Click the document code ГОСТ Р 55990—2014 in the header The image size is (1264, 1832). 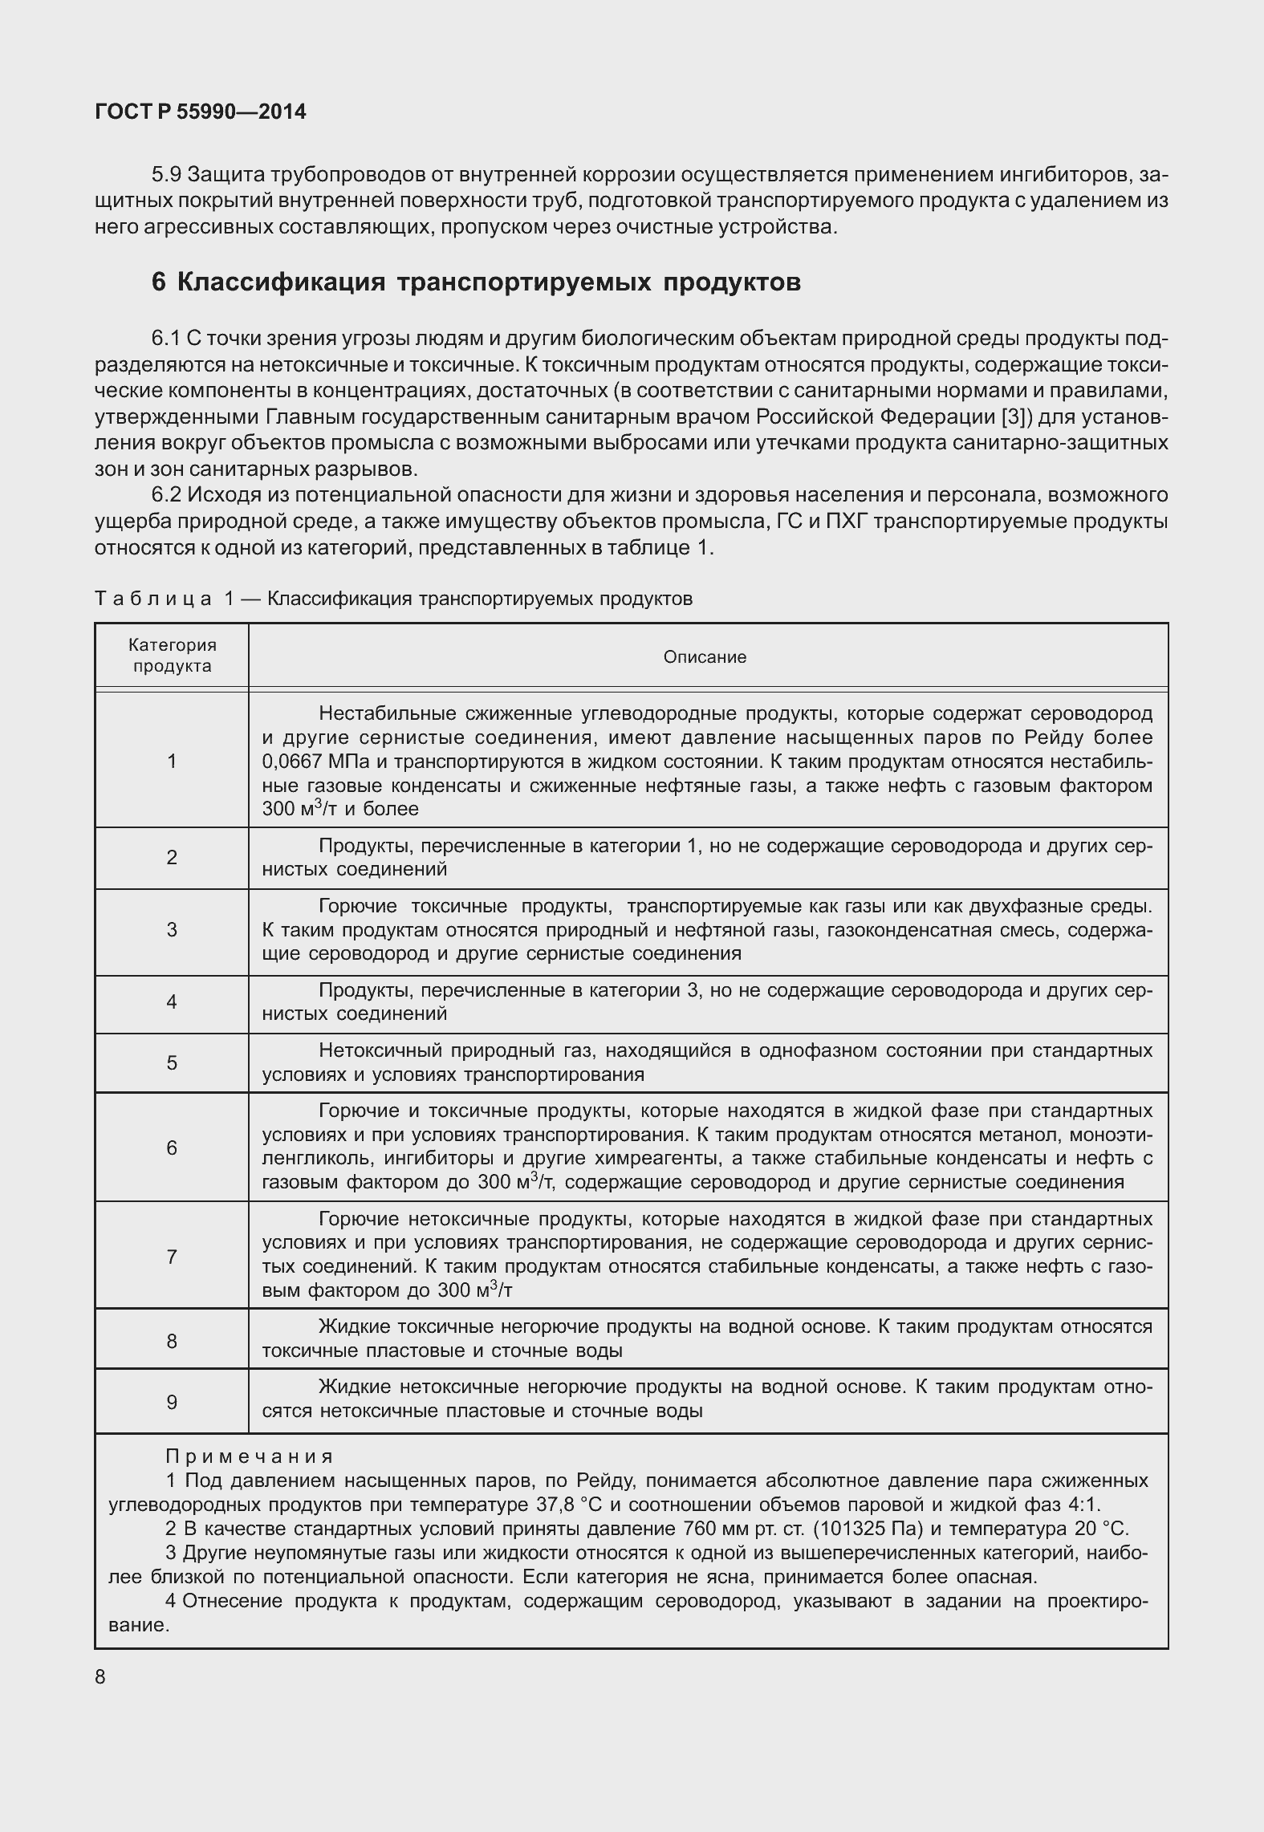click(200, 112)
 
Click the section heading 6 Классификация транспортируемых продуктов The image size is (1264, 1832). click(476, 282)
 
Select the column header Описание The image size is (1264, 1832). click(705, 657)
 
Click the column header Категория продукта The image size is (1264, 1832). click(173, 656)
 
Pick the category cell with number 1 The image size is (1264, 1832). click(172, 761)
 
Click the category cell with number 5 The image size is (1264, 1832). click(172, 1063)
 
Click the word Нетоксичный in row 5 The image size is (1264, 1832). click(377, 1051)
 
